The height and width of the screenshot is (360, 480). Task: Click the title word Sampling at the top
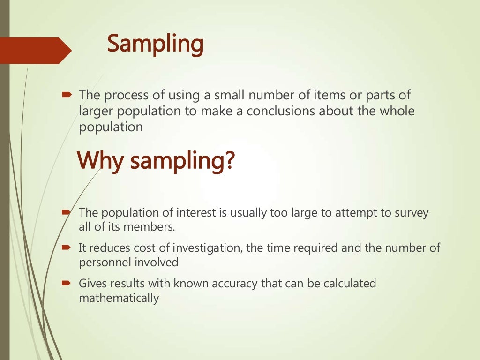click(155, 45)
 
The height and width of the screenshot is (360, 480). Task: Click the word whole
click(398, 111)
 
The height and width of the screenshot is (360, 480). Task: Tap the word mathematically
click(119, 298)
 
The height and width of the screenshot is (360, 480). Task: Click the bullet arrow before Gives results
click(66, 283)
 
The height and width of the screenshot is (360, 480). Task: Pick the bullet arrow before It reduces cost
click(66, 247)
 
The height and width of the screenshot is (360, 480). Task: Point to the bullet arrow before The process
click(66, 95)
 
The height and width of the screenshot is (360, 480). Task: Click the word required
click(315, 247)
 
